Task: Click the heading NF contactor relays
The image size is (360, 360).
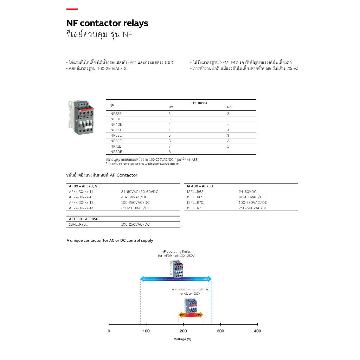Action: point(107,23)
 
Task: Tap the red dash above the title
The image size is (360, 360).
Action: point(72,9)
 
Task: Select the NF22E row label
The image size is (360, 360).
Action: point(116,114)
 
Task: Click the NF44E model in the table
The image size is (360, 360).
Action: point(116,130)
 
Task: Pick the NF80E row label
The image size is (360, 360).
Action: point(116,152)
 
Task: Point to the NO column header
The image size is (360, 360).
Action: point(171,107)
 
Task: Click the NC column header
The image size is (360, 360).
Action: point(229,107)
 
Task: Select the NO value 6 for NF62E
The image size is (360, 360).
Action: point(169,141)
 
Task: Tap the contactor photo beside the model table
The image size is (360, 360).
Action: point(82,116)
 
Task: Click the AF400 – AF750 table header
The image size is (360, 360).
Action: point(200,186)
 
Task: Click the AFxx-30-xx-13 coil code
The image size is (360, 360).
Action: point(81,202)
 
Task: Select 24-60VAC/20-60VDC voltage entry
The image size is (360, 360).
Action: point(140,192)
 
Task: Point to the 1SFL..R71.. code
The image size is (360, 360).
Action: point(196,208)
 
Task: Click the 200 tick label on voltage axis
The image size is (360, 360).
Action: point(183,331)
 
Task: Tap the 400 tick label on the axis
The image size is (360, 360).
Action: point(258,331)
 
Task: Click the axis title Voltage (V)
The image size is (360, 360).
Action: point(183,339)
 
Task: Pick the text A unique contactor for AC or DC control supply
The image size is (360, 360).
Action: point(110,240)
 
